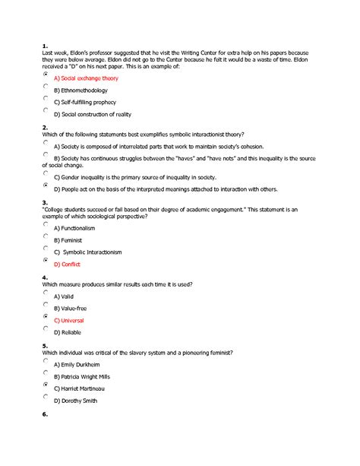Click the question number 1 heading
(x=45, y=45)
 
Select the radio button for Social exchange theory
(x=46, y=74)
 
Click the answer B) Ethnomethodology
(x=81, y=90)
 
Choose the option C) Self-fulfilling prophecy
(x=84, y=102)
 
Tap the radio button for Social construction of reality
(x=46, y=109)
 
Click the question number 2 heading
(x=46, y=127)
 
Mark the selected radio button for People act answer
(x=46, y=185)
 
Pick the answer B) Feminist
(x=68, y=240)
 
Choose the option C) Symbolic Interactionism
(x=87, y=252)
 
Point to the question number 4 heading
(x=46, y=277)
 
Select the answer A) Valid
(x=64, y=296)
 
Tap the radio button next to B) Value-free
(x=46, y=304)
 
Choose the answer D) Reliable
(x=68, y=332)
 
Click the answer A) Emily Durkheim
(x=79, y=365)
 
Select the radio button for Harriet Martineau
(x=46, y=385)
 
